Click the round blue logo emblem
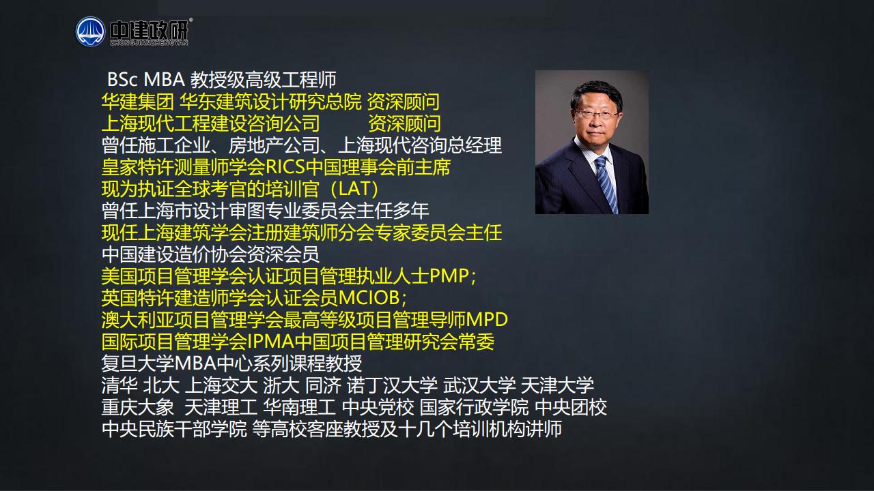click(91, 31)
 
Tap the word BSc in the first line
click(122, 80)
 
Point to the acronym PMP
click(449, 276)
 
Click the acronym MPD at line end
click(487, 320)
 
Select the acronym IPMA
click(271, 342)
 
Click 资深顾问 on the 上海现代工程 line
click(404, 123)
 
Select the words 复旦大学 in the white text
click(137, 363)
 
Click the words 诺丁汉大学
click(392, 385)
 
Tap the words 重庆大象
click(137, 407)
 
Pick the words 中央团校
click(571, 407)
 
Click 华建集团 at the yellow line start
click(137, 102)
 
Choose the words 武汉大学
click(479, 385)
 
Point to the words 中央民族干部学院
click(174, 429)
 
